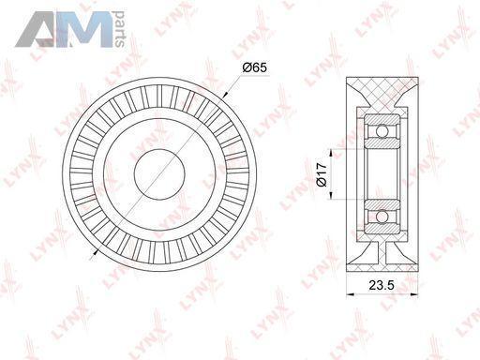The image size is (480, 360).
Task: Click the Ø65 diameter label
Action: (x=255, y=67)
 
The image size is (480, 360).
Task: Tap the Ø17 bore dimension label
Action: (x=322, y=174)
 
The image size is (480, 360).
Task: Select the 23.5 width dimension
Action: (x=382, y=285)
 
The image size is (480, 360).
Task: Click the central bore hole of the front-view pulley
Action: (x=159, y=173)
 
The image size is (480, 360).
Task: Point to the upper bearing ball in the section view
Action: (x=382, y=130)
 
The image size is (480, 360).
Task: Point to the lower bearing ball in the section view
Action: (x=382, y=217)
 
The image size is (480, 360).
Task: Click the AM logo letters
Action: (x=64, y=30)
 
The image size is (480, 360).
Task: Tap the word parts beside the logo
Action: (x=119, y=29)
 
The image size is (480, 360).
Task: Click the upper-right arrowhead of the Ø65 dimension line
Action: (x=226, y=94)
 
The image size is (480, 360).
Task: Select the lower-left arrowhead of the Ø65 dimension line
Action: (x=96, y=252)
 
